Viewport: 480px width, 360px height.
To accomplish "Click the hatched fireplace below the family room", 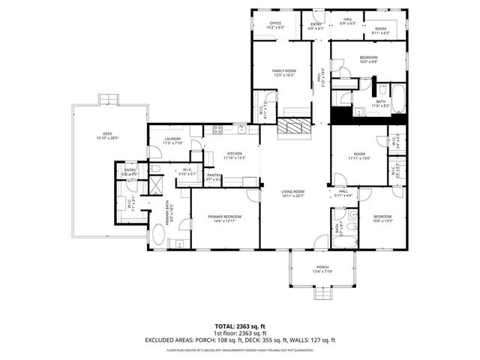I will (x=293, y=127).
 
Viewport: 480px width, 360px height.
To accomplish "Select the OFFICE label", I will (x=275, y=23).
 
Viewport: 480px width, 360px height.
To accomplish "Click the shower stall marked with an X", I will (x=155, y=183).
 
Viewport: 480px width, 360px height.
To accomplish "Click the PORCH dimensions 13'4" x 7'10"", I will (x=322, y=272).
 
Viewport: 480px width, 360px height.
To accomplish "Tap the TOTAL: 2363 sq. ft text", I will (x=240, y=326).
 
